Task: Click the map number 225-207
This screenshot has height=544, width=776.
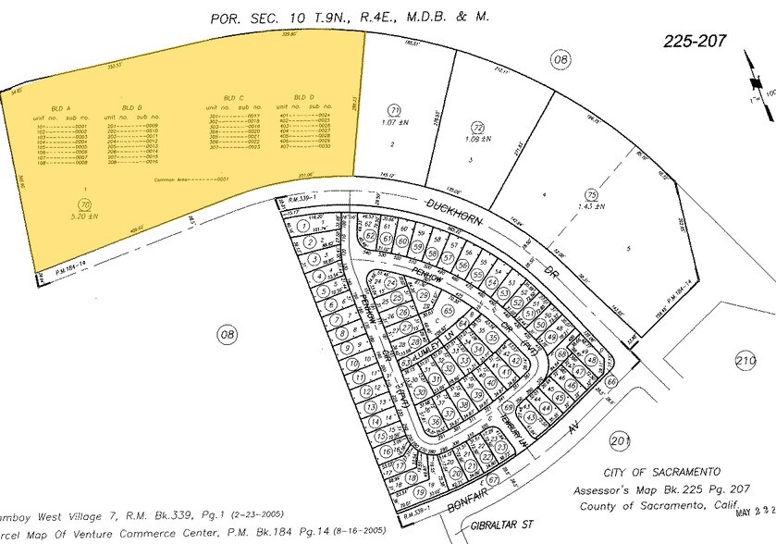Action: coord(696,41)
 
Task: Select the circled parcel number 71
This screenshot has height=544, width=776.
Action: coord(393,109)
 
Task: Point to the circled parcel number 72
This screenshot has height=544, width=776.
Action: coord(477,128)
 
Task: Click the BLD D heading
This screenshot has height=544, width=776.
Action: coord(300,97)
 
